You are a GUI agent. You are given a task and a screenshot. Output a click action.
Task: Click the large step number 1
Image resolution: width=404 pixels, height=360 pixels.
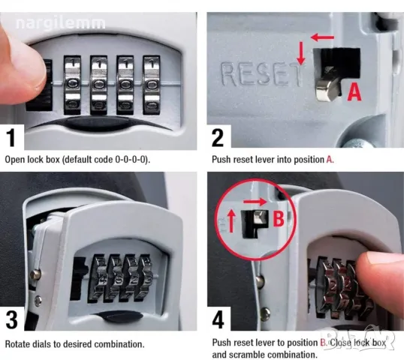click(11, 138)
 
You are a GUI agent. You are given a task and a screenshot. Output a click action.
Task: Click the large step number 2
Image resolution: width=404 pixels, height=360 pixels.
click(218, 138)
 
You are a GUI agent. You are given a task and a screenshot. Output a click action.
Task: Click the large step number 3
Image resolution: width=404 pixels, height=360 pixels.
click(11, 319)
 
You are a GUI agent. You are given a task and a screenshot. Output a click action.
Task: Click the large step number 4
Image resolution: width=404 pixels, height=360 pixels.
click(219, 319)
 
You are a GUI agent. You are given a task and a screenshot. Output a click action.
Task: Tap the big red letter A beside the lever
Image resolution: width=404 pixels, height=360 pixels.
click(354, 92)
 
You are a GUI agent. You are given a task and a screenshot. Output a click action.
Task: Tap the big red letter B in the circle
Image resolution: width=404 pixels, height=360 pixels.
click(279, 219)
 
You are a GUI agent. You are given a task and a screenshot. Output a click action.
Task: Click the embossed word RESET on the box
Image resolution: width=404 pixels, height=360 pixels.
click(261, 73)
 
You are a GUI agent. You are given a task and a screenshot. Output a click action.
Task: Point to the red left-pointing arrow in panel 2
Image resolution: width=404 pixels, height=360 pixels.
click(322, 37)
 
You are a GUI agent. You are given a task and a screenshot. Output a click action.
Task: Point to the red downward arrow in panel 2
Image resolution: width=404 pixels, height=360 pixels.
click(301, 52)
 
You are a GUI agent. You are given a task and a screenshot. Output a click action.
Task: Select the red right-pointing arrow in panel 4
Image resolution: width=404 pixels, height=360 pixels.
click(255, 202)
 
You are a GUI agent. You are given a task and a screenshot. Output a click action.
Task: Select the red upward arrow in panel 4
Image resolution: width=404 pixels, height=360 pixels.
click(232, 220)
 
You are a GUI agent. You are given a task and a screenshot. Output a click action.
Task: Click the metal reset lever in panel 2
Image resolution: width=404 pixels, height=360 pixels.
click(327, 85)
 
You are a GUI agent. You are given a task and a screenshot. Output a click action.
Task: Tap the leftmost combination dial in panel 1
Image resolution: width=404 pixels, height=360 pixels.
click(72, 85)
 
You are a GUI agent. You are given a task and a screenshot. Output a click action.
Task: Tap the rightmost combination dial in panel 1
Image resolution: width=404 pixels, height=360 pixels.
click(152, 85)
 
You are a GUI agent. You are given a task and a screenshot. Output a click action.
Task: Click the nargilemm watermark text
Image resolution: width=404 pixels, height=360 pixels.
click(61, 23)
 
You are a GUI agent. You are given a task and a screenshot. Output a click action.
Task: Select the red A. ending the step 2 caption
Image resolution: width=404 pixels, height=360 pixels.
click(330, 160)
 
